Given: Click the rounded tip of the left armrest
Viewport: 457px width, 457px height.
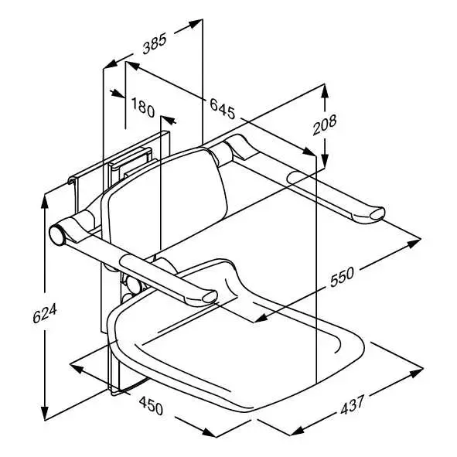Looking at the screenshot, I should tap(206, 297).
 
